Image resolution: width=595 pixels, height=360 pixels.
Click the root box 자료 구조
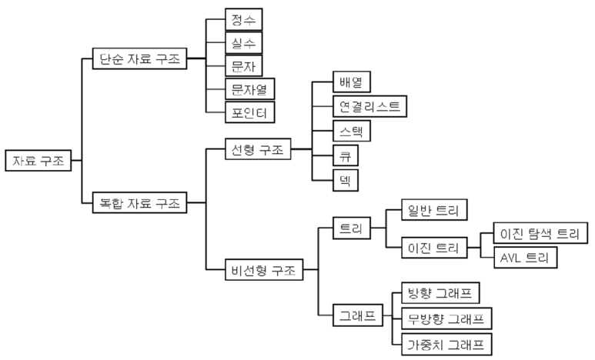(x=37, y=161)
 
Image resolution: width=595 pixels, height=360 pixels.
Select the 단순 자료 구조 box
(x=139, y=58)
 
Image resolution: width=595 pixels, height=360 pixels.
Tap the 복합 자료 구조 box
(x=139, y=203)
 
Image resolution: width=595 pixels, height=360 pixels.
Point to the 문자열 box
(x=250, y=88)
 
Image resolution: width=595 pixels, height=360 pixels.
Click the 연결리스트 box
(x=369, y=106)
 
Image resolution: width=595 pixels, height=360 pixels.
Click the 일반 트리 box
(x=435, y=210)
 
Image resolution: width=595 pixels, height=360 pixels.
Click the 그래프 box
(x=357, y=315)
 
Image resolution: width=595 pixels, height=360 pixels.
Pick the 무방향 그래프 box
(x=446, y=318)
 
